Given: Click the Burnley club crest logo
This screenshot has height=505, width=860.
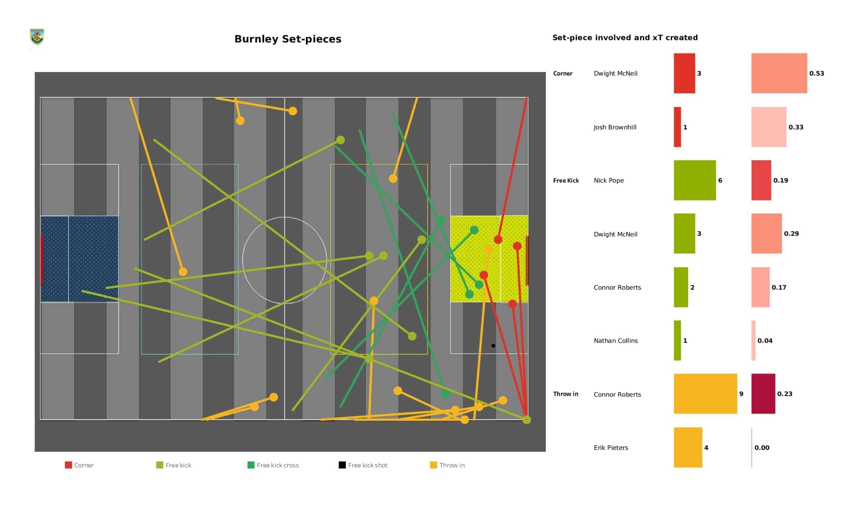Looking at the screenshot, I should coord(37,37).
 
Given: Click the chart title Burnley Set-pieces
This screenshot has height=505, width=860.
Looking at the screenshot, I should coord(288,39).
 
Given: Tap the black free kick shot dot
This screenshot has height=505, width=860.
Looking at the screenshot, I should coord(493,346).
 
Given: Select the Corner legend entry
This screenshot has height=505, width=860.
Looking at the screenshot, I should coord(79,465).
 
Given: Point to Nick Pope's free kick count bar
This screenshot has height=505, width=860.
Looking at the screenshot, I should coord(694,180).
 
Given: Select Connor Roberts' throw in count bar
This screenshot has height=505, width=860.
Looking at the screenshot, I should coord(705,394).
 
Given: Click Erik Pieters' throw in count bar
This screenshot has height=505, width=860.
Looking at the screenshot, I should coord(688,447).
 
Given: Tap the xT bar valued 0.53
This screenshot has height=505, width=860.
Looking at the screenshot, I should coord(779,73).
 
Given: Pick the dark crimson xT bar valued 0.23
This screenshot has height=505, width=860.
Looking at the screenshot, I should coord(763,394).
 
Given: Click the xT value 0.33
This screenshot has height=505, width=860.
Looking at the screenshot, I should coord(796,127).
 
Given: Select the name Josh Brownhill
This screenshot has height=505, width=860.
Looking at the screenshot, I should coord(615,127).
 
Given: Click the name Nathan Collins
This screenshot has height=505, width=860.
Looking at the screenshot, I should coord(615,340).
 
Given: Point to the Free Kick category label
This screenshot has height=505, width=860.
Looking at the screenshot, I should coord(566,181).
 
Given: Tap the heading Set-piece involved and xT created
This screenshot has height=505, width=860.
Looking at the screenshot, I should coord(625,38).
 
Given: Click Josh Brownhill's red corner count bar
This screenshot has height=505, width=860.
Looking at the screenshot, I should coord(677,127).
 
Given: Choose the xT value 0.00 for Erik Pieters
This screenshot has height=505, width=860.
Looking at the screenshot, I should coord(762,448).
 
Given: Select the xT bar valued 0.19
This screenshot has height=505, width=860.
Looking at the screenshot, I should coord(761,180).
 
